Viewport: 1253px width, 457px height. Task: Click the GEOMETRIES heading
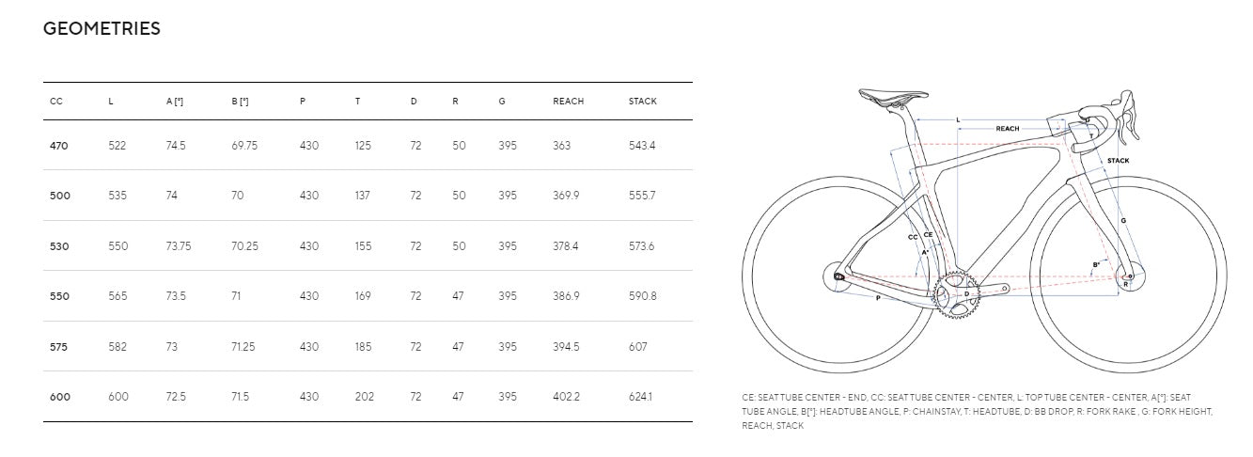click(102, 28)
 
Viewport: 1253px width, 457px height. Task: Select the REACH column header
click(568, 102)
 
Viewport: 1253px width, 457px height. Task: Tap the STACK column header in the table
click(642, 102)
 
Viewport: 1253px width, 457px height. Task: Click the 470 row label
click(58, 146)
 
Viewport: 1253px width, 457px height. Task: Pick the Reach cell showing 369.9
click(566, 196)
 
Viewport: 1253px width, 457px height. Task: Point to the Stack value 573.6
click(641, 246)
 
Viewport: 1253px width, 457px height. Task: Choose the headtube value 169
click(363, 296)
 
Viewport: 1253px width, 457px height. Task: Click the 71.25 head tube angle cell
click(243, 347)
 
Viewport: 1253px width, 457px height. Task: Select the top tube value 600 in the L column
click(118, 397)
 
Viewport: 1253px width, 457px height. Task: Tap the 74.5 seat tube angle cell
click(176, 146)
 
